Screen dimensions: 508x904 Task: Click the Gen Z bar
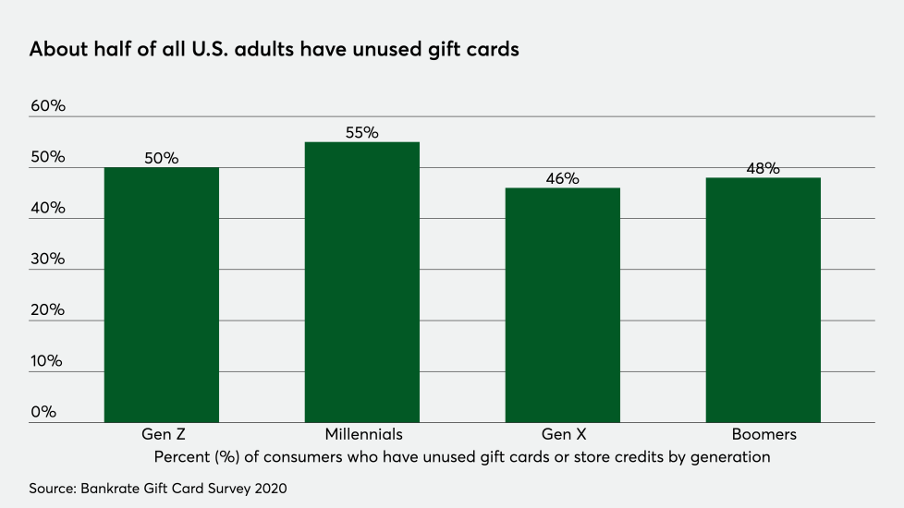tap(161, 295)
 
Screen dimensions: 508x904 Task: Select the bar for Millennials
tap(362, 282)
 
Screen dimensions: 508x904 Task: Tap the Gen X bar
tap(563, 305)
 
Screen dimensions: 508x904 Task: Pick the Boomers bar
tap(763, 299)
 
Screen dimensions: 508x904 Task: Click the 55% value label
tap(362, 132)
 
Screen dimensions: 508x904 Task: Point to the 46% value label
tap(562, 178)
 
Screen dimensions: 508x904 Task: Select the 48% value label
tap(764, 168)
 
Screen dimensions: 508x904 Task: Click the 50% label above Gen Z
tap(161, 158)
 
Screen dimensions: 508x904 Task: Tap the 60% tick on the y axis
tap(48, 106)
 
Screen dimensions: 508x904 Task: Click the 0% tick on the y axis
tap(43, 412)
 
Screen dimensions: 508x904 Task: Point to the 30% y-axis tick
tap(48, 260)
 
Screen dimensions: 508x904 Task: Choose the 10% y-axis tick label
tap(47, 361)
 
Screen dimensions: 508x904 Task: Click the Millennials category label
tap(363, 434)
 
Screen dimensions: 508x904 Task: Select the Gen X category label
tap(563, 434)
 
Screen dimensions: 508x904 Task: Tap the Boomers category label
tap(763, 434)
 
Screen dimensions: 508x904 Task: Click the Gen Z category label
tap(162, 434)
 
